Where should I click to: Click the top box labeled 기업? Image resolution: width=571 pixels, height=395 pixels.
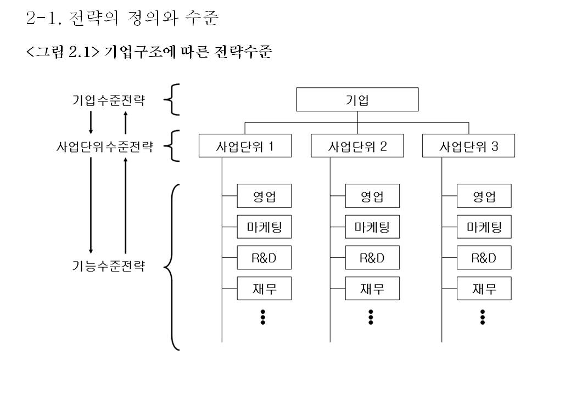[357, 99]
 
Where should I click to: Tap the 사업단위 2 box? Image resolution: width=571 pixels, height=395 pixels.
[357, 146]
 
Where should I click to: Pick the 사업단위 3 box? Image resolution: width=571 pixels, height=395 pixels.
[468, 146]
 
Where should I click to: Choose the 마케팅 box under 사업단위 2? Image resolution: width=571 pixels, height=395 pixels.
[372, 227]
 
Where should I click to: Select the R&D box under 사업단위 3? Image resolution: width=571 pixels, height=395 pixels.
[484, 258]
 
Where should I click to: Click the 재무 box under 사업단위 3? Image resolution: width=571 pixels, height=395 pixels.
[484, 289]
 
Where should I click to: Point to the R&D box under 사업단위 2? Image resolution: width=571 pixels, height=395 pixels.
[372, 258]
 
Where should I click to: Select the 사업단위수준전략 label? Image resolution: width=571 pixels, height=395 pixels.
[104, 147]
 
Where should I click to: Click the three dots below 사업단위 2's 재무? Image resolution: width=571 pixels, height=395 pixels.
[371, 317]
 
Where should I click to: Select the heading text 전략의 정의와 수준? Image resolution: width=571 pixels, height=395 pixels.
[144, 20]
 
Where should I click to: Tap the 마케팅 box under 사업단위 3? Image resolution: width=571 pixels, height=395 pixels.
[484, 227]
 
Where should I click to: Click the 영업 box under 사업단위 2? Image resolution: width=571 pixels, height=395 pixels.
[372, 196]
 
